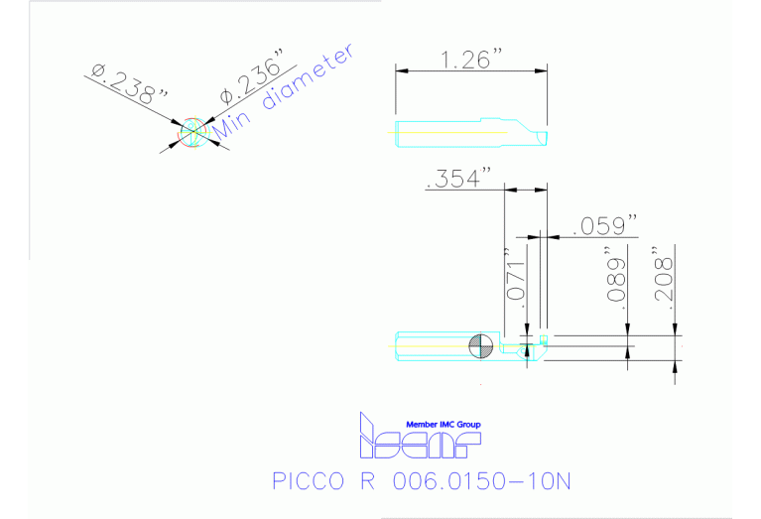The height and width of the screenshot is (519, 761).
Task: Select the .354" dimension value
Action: click(x=458, y=179)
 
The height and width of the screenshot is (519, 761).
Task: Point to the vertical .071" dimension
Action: click(x=514, y=281)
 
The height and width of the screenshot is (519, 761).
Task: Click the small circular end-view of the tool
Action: click(x=190, y=134)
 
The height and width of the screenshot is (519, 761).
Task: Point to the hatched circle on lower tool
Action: click(x=481, y=345)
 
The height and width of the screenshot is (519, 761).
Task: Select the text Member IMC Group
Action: click(x=443, y=424)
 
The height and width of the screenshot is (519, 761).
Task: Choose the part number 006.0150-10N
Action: click(x=482, y=482)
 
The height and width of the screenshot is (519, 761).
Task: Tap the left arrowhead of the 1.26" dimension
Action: click(x=400, y=69)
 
